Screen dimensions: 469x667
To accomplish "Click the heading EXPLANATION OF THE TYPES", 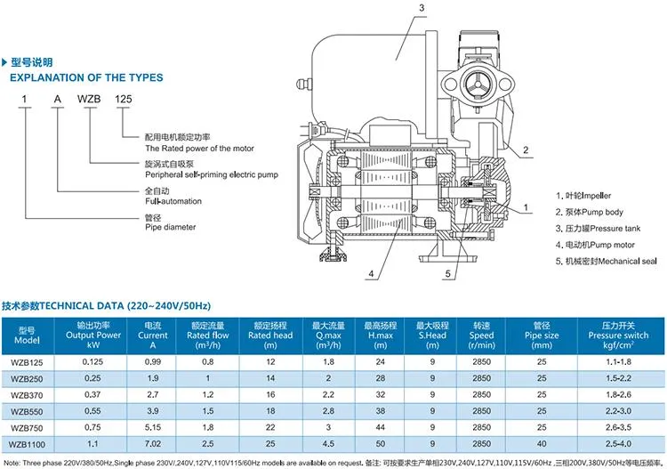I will [x=86, y=77].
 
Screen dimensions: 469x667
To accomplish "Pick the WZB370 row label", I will [x=25, y=394].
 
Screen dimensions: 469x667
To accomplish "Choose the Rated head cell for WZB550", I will [x=270, y=410].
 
